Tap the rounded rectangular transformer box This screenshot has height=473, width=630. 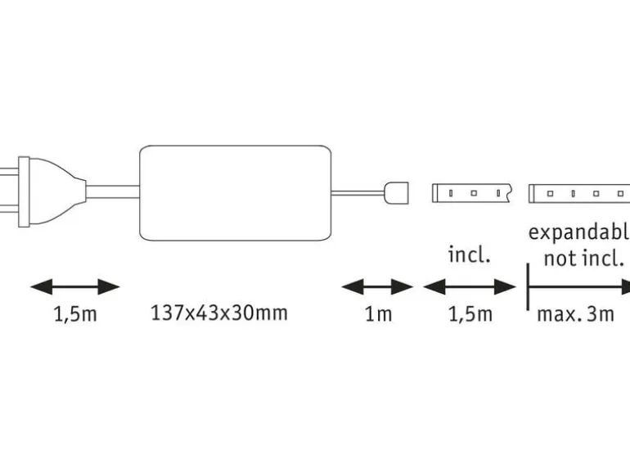(236, 193)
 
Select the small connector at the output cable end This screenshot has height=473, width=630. (397, 193)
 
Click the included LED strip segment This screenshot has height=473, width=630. (471, 193)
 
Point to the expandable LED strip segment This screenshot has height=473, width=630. (579, 193)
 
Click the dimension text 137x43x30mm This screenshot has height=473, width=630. (219, 313)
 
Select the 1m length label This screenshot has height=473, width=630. (378, 314)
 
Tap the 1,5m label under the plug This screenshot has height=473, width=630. (75, 314)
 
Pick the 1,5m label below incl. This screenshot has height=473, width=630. (470, 314)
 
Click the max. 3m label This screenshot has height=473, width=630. (576, 314)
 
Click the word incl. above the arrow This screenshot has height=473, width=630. (470, 255)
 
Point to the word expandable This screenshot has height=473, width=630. (579, 232)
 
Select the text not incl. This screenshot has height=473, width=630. (584, 258)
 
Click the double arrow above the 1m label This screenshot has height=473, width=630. (377, 287)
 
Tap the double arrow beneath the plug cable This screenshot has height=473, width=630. (75, 287)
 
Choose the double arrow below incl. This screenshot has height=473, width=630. (470, 287)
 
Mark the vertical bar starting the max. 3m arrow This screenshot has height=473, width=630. (528, 287)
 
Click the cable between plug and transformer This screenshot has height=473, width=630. (113, 192)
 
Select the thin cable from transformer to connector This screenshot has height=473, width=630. (358, 193)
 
